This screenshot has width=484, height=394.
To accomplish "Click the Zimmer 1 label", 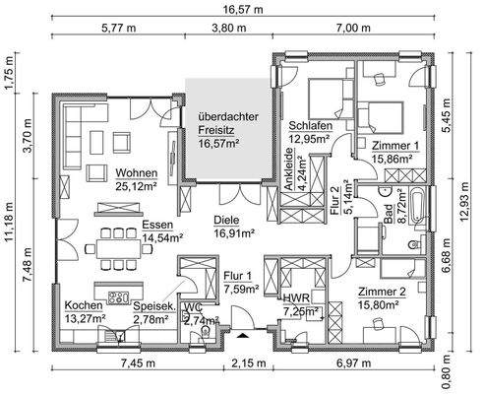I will pos(396,145).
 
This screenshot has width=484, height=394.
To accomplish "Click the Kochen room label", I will pos(85,305).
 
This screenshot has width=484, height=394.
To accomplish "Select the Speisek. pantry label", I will pos(153,306).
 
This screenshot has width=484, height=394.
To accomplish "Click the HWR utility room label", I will pos(296,297).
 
